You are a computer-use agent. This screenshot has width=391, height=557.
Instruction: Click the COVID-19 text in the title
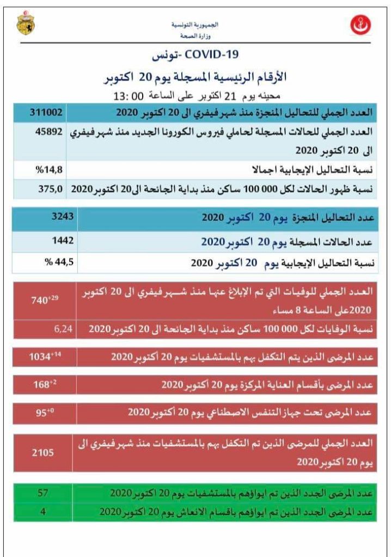[x=212, y=55]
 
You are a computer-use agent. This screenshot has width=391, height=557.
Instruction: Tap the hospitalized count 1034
[x=44, y=357]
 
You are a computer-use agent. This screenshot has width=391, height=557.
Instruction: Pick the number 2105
[x=44, y=451]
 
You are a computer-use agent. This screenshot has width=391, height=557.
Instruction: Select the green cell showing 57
[x=44, y=493]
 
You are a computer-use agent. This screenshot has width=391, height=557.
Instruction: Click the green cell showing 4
[x=44, y=512]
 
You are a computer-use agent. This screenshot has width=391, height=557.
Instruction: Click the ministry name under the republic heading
[x=203, y=35]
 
